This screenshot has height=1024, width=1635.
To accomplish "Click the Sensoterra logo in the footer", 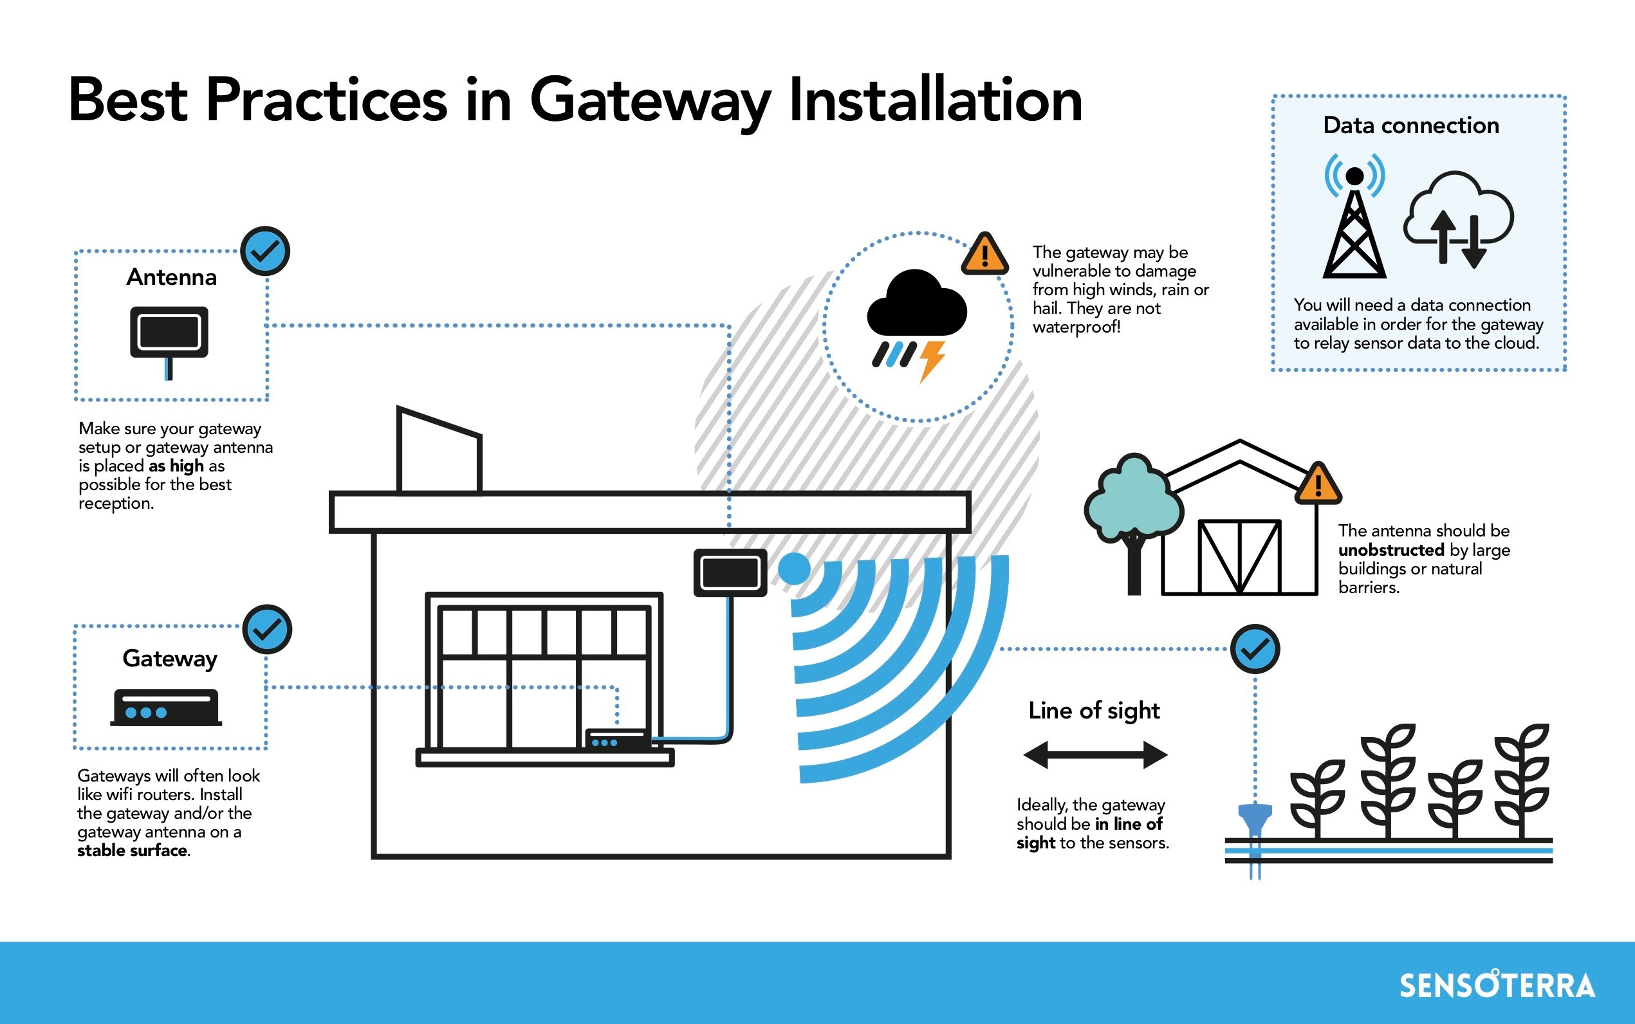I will (1497, 985).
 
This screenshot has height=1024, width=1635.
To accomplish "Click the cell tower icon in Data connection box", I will (1354, 217).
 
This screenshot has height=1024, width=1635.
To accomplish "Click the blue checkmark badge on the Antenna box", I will (266, 251).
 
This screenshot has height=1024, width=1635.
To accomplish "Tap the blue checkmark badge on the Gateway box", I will (267, 629).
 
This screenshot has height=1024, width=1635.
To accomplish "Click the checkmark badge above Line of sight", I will (1255, 649).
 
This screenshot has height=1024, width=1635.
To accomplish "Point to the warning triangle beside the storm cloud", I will (984, 255).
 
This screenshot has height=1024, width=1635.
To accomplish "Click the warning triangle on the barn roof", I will (1318, 485).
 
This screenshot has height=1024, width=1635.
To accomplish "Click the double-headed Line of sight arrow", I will (1095, 754).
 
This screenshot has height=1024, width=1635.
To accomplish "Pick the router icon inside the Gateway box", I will (166, 707).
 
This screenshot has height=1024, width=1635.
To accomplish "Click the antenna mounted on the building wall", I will (730, 573).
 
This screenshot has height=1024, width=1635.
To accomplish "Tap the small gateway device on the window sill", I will (615, 740).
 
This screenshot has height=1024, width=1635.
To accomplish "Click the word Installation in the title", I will (936, 100).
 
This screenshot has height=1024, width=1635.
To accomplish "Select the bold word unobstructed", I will (1391, 549).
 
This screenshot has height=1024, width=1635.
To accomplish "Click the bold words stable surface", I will (132, 850).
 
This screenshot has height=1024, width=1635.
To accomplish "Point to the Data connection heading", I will (1411, 125).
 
